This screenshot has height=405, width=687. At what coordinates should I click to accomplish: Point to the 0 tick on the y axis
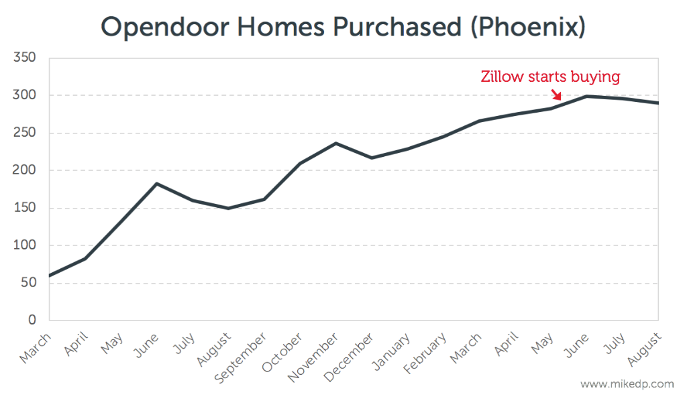tap(32, 321)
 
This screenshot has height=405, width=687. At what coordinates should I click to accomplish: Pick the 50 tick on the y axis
tap(29, 283)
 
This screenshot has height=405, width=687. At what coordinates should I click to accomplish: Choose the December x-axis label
tap(353, 355)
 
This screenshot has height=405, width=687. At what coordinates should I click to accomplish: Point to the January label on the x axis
tap(392, 351)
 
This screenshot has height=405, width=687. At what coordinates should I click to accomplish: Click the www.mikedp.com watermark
tap(627, 385)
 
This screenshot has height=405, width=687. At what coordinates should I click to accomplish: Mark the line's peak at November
tap(335, 143)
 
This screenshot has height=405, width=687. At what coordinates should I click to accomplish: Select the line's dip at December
tap(372, 158)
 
